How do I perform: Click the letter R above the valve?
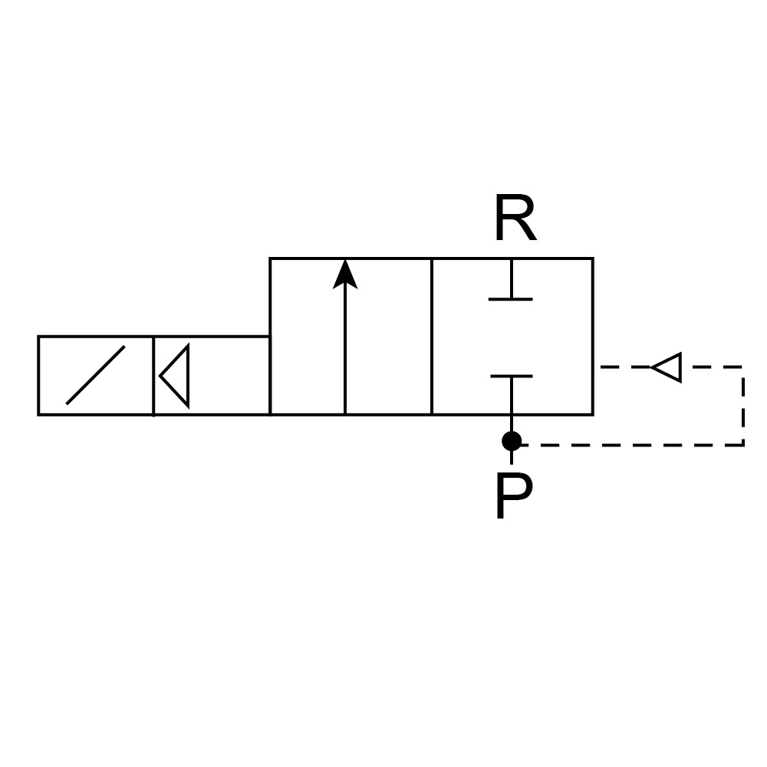coord(514,219)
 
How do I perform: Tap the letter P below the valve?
coord(512,496)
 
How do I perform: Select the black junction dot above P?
coord(512,441)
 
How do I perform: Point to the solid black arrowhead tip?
coord(345,263)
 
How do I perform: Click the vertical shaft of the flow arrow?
coord(345,353)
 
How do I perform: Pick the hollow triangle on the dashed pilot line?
coord(667,367)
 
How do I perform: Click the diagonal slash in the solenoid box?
coord(96,375)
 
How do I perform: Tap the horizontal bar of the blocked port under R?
coord(511,298)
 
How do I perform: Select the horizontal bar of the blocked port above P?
coord(511,377)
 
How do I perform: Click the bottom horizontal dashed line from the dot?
coord(629,444)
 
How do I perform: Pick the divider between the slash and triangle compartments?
coord(153,375)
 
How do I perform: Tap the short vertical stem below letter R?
coord(511,278)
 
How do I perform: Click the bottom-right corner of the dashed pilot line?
coord(743,444)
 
